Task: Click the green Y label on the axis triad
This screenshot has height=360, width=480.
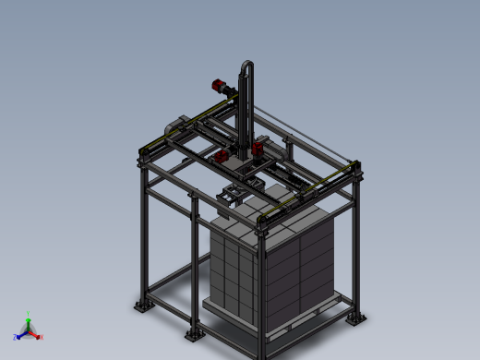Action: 29,314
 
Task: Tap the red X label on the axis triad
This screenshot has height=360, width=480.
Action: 41,337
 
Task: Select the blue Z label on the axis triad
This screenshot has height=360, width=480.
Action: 15,338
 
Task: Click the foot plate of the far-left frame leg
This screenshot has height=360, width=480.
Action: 141,306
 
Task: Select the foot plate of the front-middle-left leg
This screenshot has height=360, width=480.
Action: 194,334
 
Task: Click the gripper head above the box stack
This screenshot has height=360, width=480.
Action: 233,196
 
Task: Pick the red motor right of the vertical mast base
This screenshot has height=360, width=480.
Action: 258,148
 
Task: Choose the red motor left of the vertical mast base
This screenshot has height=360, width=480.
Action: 222,157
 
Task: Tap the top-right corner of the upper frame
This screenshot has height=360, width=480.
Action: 355,166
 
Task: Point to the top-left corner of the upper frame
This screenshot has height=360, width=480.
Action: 143,150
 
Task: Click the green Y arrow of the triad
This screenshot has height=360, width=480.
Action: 29,322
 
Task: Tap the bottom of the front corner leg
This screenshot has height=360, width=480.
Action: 261,351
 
